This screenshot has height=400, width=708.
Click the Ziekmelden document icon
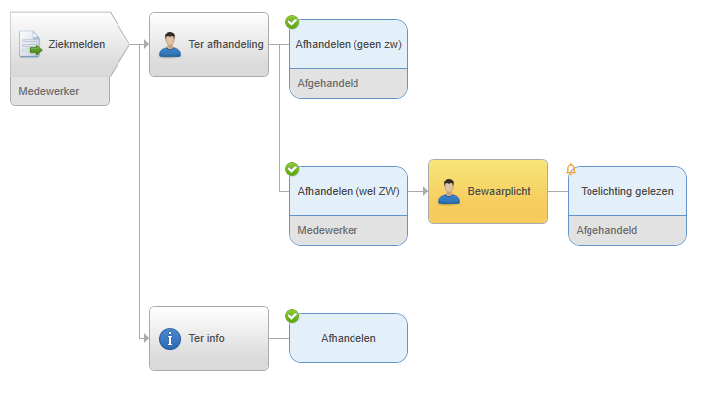click(x=30, y=44)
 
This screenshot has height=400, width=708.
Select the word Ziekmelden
click(x=77, y=44)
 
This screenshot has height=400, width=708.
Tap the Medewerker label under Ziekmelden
click(x=49, y=91)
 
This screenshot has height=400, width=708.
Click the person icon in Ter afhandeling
click(x=170, y=44)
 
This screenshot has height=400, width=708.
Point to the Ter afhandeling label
click(x=226, y=44)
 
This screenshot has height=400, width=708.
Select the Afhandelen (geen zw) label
click(x=349, y=44)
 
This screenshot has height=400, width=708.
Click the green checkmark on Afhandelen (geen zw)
click(x=292, y=22)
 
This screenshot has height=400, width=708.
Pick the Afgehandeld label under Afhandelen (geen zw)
click(x=328, y=83)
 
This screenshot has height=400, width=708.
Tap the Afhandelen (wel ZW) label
click(x=349, y=191)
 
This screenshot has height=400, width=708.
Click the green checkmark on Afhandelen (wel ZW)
click(x=292, y=169)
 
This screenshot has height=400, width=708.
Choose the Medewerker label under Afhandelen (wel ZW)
click(x=328, y=230)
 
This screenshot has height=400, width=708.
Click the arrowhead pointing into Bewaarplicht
click(x=425, y=191)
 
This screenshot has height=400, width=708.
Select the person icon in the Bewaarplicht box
click(x=449, y=192)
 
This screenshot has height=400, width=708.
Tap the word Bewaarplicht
click(x=499, y=191)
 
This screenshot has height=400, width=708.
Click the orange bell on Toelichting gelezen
click(x=571, y=169)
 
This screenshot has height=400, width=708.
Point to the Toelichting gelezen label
click(x=627, y=191)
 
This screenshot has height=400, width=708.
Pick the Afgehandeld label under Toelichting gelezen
click(x=606, y=230)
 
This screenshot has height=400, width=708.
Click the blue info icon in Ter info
click(x=170, y=339)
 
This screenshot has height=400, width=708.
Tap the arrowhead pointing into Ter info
click(x=146, y=338)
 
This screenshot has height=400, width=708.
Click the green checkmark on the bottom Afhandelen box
click(x=292, y=316)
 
